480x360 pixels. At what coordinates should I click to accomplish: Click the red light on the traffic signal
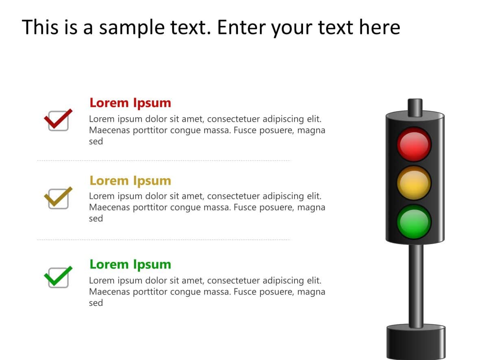pyautogui.click(x=414, y=144)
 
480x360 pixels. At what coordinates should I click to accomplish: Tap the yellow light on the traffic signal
pyautogui.click(x=414, y=183)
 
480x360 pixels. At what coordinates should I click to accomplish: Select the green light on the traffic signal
pyautogui.click(x=414, y=222)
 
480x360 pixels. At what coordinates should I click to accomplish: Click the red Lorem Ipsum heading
pyautogui.click(x=130, y=103)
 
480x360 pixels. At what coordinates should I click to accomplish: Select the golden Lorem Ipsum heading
pyautogui.click(x=130, y=180)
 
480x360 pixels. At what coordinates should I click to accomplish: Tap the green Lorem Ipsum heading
pyautogui.click(x=130, y=264)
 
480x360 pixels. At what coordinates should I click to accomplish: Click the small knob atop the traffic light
pyautogui.click(x=415, y=106)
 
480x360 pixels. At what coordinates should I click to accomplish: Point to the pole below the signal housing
pyautogui.click(x=416, y=285)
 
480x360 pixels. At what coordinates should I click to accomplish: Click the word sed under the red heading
pyautogui.click(x=96, y=142)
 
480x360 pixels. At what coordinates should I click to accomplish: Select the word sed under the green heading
pyautogui.click(x=96, y=303)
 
